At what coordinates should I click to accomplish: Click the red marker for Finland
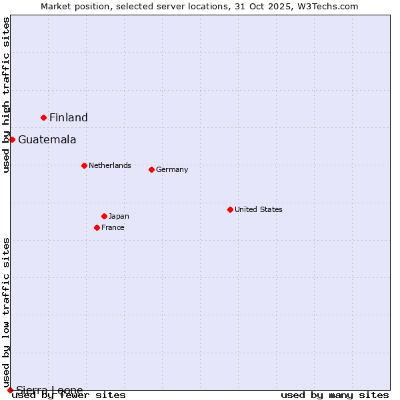(44, 117)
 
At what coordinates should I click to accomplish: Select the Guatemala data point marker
(12, 139)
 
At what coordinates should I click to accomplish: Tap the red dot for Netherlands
(84, 165)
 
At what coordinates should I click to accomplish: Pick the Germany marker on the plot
(151, 169)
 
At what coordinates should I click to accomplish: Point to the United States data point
(230, 209)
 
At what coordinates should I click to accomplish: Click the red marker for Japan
(104, 216)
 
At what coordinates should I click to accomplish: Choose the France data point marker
(97, 227)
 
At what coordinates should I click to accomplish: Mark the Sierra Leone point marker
(10, 390)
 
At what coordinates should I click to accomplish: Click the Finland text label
(69, 118)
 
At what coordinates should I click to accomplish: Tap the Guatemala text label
(47, 140)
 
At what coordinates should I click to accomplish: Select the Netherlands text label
(110, 165)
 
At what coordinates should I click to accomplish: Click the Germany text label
(172, 169)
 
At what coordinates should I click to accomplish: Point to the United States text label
(259, 209)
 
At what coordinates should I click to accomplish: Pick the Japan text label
(119, 216)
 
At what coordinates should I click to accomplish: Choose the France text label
(113, 227)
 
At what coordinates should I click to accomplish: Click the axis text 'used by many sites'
(335, 395)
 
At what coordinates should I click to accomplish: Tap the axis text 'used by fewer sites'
(69, 395)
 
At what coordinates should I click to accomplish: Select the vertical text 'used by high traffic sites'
(7, 95)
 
